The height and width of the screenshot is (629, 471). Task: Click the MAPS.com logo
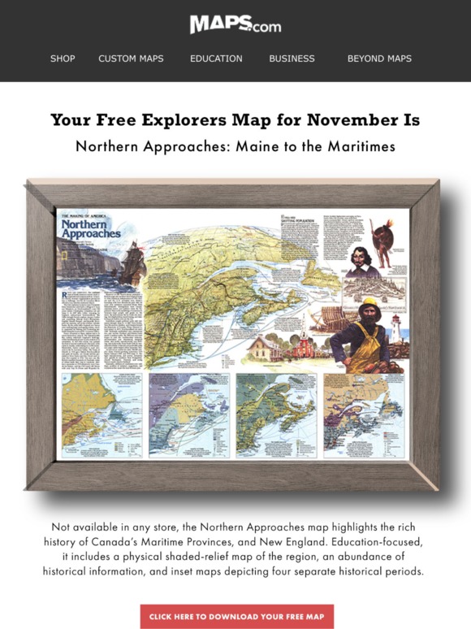click(x=235, y=25)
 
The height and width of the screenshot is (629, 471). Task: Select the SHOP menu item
click(x=63, y=59)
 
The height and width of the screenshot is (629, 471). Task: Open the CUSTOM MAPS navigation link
click(x=131, y=59)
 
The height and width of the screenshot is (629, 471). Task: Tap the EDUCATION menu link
click(x=216, y=59)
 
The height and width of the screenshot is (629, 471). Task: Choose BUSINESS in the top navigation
click(x=292, y=59)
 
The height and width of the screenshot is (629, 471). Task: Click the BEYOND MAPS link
click(x=379, y=59)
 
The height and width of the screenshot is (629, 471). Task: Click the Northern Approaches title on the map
click(x=91, y=228)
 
